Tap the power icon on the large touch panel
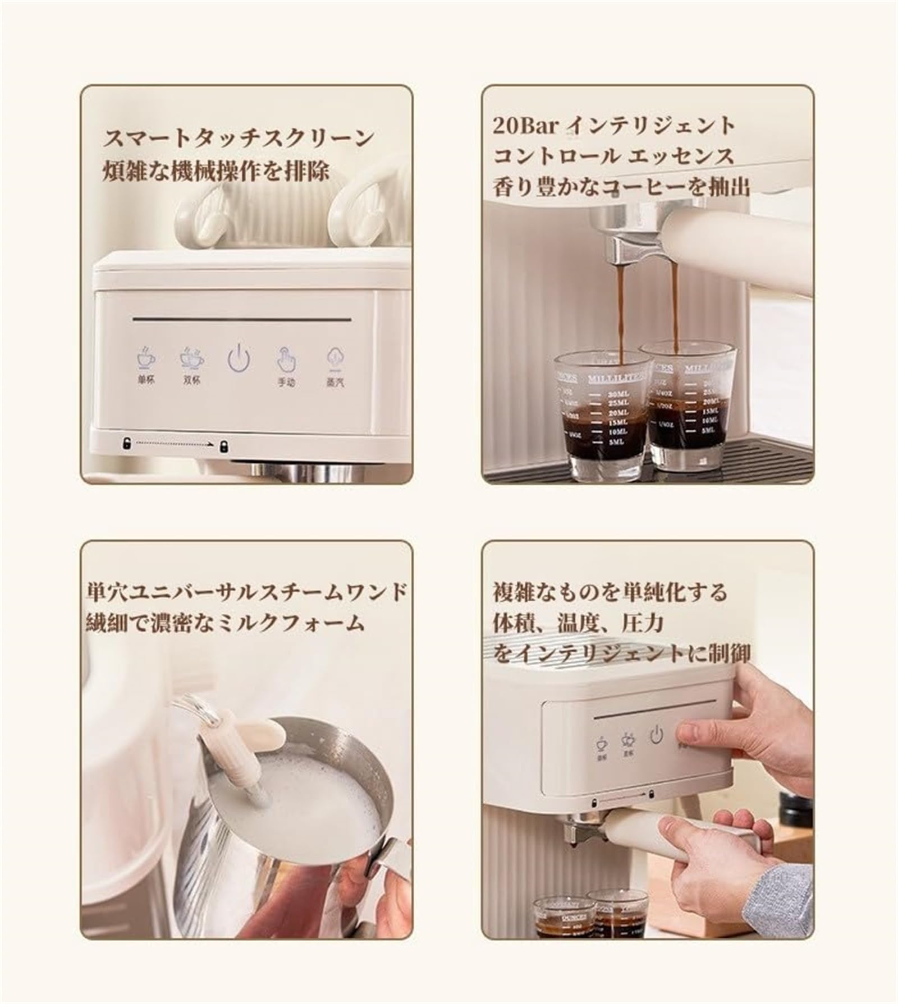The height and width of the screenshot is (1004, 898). [x=239, y=358]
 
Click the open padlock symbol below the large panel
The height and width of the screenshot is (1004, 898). [x=126, y=444]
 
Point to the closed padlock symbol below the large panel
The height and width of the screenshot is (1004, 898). [x=224, y=445]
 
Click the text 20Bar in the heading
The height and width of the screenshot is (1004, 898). [x=525, y=125]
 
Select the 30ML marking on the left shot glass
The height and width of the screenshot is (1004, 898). [x=618, y=394]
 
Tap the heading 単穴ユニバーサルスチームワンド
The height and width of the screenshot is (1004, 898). [x=246, y=592]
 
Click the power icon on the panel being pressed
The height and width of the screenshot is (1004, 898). [x=656, y=735]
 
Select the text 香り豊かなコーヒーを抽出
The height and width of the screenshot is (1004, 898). [x=621, y=187]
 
